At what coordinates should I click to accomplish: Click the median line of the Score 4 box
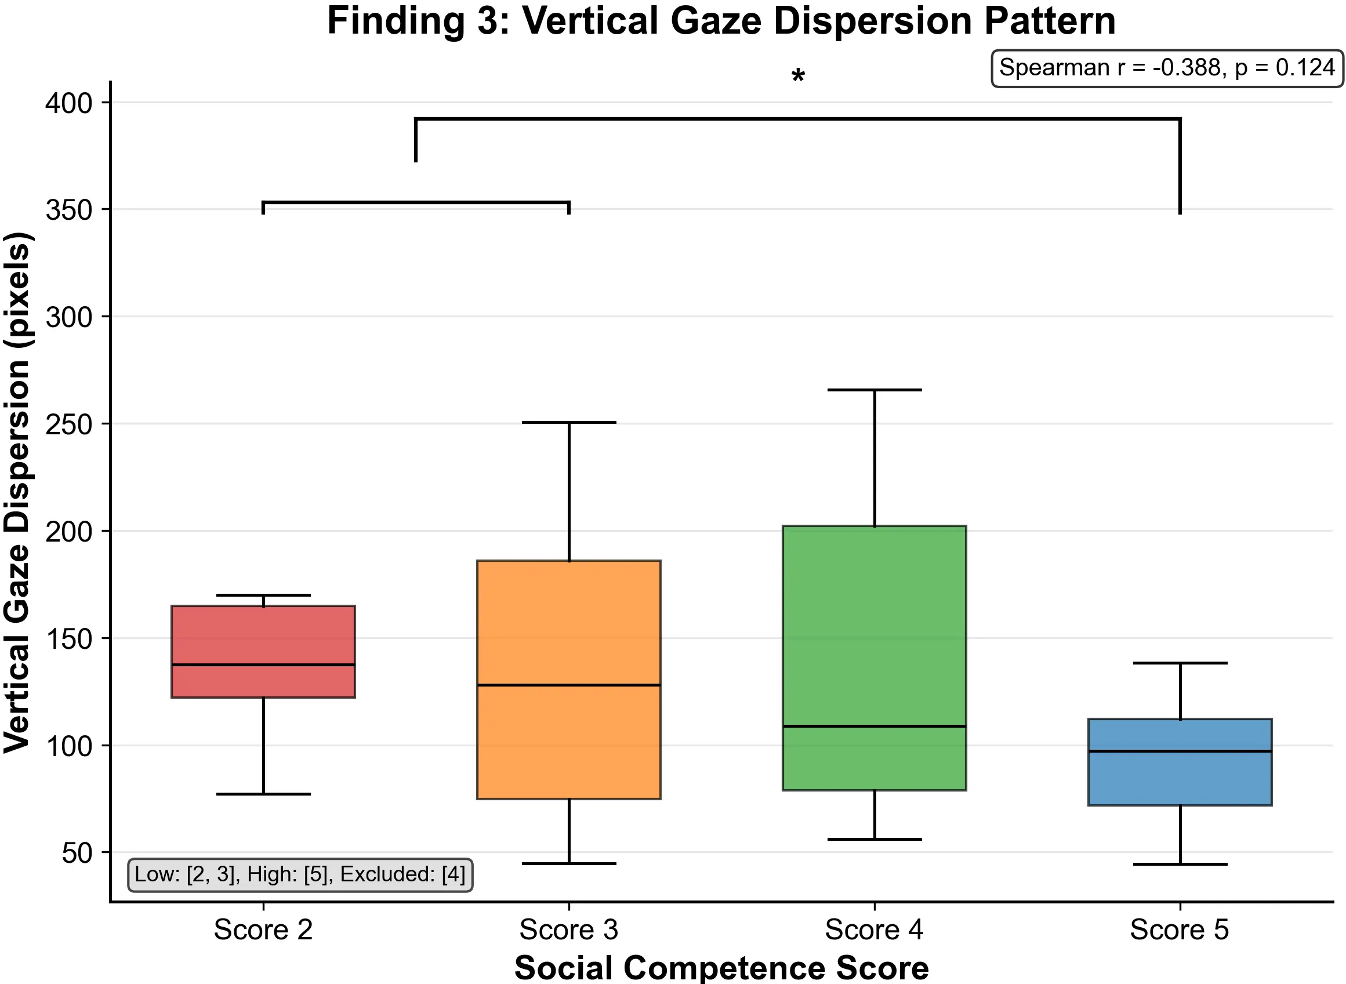[x=875, y=726]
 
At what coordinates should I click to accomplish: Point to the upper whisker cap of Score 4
[x=875, y=390]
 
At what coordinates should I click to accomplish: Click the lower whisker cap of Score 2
[x=263, y=794]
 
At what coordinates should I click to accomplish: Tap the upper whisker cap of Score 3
[x=569, y=422]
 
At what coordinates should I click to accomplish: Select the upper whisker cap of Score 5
[x=1180, y=663]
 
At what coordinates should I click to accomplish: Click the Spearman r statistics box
[x=1167, y=68]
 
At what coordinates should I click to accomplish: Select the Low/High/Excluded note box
[x=300, y=874]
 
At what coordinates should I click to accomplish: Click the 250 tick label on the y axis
[x=69, y=424]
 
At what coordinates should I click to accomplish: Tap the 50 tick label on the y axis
[x=78, y=853]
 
